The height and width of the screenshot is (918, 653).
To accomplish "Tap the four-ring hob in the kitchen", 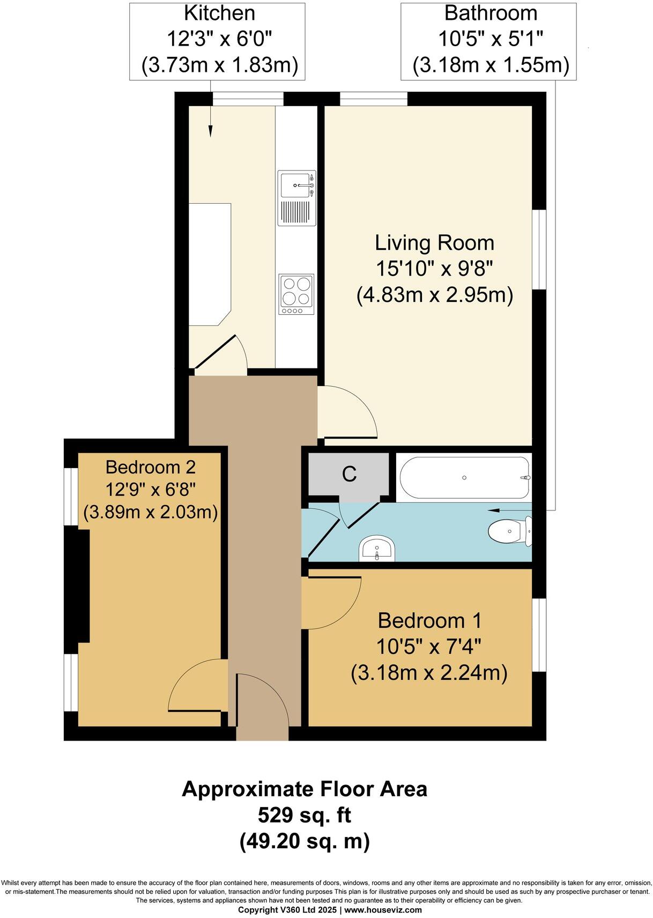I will coord(296,294).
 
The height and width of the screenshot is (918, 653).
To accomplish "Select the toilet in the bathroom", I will coord(510,531).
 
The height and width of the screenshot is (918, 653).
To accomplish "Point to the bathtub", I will coord(464,477).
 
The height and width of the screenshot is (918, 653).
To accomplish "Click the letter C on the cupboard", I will coord(349,474).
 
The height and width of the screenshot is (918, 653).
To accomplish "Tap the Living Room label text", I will coord(434,243).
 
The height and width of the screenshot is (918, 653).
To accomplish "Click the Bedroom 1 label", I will coord(429,620).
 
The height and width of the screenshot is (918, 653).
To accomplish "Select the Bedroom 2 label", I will coord(150,467).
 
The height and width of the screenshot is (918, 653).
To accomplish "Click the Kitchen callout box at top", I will coord(217,41).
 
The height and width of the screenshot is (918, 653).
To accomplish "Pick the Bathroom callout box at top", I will coord(488,41).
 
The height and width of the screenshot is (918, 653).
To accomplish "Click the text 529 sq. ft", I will coord(304,816).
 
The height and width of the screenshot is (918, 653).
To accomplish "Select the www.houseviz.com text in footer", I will coord(383,910).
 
